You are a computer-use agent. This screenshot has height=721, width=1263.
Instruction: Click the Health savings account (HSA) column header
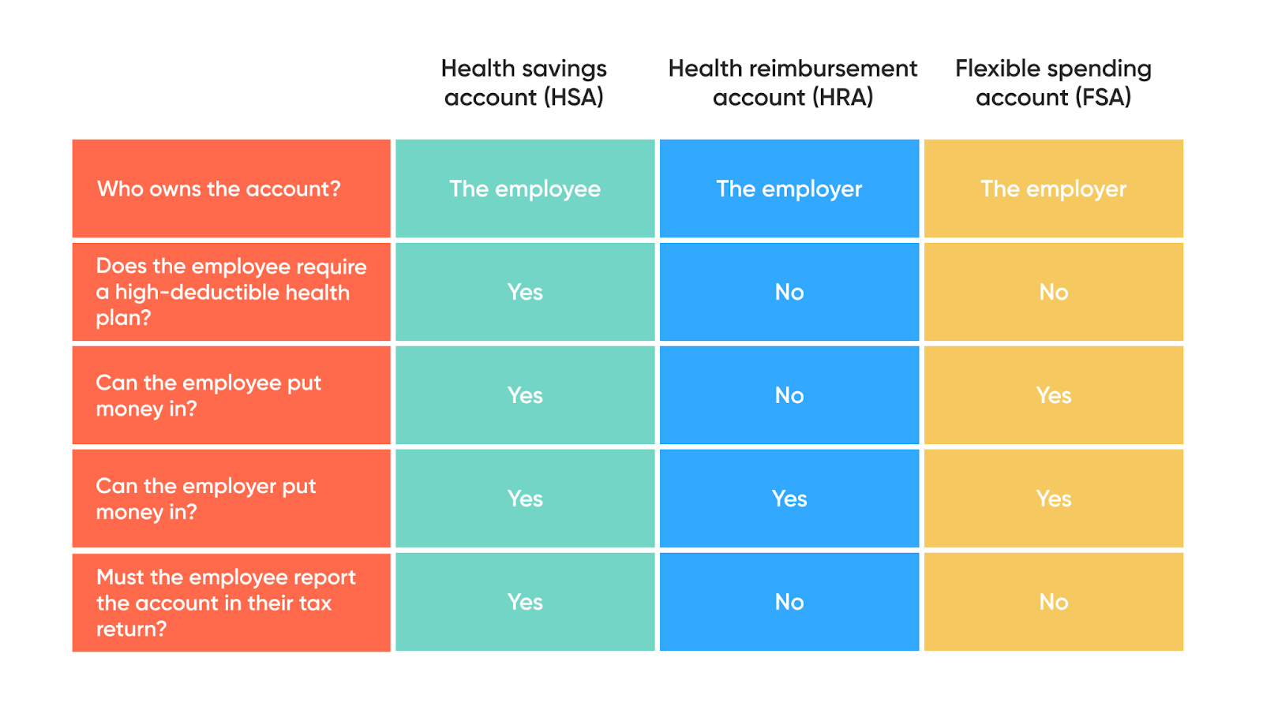coord(524,83)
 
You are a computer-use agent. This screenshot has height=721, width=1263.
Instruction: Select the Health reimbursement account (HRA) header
coord(793,83)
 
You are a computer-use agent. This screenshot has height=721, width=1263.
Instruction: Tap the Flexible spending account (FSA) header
coord(1053,83)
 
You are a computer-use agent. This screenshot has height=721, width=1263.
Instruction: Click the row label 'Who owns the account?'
coord(219,189)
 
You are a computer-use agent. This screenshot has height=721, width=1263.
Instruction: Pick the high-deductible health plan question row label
coord(230,292)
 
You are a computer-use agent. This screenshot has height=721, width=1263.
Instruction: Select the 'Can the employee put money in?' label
coord(208,395)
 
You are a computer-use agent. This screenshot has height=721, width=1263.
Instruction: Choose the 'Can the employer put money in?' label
coord(205,499)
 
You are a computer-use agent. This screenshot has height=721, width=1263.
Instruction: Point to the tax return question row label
coord(226,603)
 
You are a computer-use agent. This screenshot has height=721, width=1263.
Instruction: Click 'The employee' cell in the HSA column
coord(525,189)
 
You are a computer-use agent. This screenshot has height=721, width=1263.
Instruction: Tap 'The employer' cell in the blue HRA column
coord(789,189)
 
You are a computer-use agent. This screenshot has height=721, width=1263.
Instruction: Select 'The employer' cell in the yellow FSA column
coord(1053,189)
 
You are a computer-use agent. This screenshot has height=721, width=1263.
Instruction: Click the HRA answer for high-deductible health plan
coord(789,292)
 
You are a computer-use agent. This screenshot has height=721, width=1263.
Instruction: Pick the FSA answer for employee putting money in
coord(1053,395)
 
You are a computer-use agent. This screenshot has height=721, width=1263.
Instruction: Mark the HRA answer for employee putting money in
coord(789,395)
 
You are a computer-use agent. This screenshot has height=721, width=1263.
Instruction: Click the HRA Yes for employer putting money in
coord(789,499)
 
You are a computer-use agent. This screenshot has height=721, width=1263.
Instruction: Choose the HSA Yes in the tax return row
coord(525,602)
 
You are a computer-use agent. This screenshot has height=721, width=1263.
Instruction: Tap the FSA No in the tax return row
coord(1053,602)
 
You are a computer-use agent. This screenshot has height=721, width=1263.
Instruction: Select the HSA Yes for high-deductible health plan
coord(525,292)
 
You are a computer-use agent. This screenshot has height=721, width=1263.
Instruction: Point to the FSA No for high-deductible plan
coord(1053,292)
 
